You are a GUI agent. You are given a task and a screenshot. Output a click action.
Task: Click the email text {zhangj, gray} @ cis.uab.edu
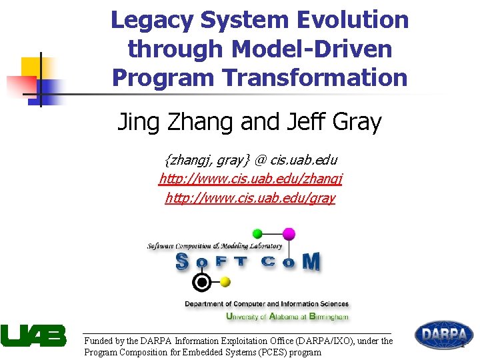click(251, 160)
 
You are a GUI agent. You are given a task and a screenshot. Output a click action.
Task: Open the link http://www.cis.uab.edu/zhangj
click(251, 179)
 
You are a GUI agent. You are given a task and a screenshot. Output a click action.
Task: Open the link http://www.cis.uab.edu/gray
click(251, 198)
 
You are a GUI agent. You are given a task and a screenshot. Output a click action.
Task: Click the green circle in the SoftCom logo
click(257, 233)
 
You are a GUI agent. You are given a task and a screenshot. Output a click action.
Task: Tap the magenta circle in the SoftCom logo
click(289, 233)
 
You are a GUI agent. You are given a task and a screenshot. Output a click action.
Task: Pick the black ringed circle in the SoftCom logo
click(201, 283)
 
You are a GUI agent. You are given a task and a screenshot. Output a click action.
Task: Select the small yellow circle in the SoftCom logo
click(225, 282)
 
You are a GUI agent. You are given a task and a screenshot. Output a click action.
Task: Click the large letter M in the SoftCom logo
click(310, 262)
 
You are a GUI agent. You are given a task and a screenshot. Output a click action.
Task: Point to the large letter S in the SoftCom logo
click(182, 262)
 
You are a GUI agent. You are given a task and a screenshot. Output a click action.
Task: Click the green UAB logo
click(33, 335)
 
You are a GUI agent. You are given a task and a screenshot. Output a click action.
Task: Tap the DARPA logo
click(444, 335)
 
